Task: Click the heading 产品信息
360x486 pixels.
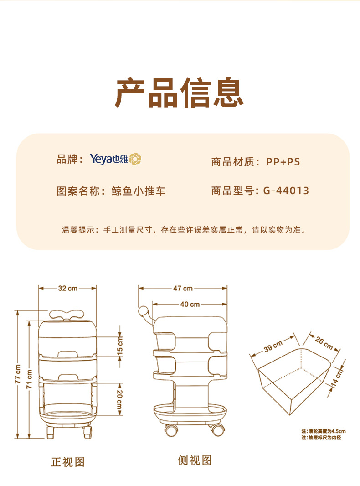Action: [179, 93]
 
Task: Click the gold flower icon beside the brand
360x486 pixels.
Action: [136, 159]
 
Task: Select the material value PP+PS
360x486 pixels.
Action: [283, 162]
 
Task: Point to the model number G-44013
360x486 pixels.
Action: [286, 191]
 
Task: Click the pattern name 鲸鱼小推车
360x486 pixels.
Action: [139, 191]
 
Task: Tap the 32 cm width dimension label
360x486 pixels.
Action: [67, 288]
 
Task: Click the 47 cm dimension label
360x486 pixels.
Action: [183, 288]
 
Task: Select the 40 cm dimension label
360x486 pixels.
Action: [190, 304]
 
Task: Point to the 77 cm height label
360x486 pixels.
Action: [17, 373]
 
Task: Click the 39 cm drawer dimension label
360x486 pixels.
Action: [273, 346]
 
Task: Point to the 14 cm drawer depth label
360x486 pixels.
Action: [337, 377]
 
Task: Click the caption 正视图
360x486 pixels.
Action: [67, 462]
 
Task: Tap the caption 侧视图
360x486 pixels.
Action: [195, 460]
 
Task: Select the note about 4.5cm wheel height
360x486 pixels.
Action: [323, 431]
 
